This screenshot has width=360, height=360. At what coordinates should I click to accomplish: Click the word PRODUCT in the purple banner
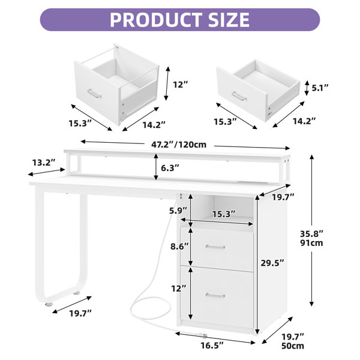tap(157, 20)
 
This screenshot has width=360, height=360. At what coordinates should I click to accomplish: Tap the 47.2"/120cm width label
tap(179, 145)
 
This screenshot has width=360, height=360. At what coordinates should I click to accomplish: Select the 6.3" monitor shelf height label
tap(170, 168)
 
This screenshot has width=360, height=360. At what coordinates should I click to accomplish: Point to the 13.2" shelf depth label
tap(44, 163)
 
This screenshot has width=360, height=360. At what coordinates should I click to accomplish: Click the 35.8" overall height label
tap(311, 234)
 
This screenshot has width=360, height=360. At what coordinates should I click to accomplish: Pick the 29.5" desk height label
tap(272, 263)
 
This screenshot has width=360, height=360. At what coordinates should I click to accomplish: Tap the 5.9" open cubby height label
tap(178, 211)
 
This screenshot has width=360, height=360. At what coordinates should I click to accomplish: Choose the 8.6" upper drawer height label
tap(179, 247)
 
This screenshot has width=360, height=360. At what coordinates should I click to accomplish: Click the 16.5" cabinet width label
tap(212, 345)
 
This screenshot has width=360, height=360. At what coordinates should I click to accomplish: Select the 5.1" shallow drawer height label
tap(320, 88)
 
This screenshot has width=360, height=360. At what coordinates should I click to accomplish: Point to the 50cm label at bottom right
tap(293, 346)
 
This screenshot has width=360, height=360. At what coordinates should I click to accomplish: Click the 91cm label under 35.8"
tap(311, 242)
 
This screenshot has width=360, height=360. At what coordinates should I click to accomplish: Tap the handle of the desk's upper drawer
tap(215, 247)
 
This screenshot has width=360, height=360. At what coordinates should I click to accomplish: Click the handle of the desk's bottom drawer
tap(215, 295)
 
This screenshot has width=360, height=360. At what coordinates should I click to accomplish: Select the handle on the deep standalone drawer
tap(94, 94)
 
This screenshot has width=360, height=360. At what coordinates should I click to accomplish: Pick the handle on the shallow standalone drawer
tap(239, 96)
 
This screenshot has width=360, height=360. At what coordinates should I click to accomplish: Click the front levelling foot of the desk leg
tap(49, 304)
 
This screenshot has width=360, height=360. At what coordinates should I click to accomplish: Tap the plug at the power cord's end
tap(204, 336)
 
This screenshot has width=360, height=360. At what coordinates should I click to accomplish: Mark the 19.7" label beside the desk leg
tap(80, 313)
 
